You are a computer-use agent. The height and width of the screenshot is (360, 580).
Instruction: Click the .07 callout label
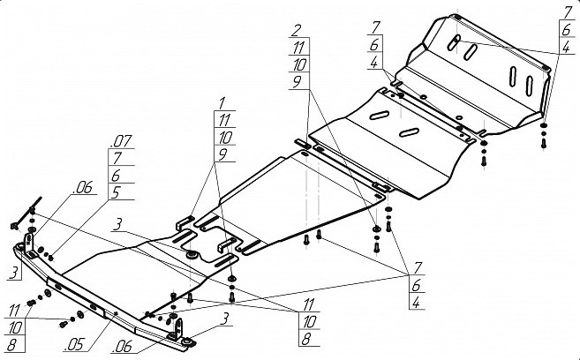121,141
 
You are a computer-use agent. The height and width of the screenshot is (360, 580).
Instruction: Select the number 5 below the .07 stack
117,192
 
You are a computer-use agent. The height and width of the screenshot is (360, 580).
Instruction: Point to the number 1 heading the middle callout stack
222,102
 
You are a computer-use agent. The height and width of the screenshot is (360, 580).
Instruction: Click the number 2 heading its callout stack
296,30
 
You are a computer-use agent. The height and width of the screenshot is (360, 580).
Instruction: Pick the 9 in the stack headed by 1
222,154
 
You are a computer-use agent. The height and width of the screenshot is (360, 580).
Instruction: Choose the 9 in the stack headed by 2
297,82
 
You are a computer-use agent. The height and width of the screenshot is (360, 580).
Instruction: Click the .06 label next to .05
124,347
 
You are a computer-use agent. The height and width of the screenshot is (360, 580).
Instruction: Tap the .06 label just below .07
82,188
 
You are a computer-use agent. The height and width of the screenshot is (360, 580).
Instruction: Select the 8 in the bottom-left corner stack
11,345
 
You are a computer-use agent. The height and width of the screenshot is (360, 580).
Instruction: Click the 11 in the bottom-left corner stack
14,311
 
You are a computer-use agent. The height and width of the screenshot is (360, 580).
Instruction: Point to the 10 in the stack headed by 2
299,64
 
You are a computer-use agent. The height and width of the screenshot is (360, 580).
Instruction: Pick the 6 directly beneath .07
116,176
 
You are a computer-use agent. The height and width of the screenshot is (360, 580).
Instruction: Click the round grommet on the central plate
192,255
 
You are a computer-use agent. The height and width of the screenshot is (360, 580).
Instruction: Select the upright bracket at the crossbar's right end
177,329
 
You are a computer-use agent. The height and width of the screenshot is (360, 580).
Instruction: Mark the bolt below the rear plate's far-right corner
544,143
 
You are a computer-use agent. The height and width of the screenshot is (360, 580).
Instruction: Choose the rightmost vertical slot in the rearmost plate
530,86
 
